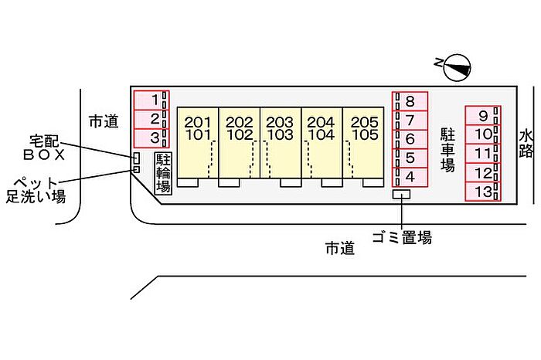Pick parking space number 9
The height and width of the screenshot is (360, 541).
tap(483, 117)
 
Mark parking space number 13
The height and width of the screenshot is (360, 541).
tap(483, 192)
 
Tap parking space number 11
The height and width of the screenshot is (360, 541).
tap(483, 154)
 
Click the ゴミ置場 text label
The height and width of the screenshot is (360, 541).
tap(401, 238)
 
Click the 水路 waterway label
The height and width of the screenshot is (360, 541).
tap(527, 143)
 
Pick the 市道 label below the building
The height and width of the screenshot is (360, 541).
tap(339, 248)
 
